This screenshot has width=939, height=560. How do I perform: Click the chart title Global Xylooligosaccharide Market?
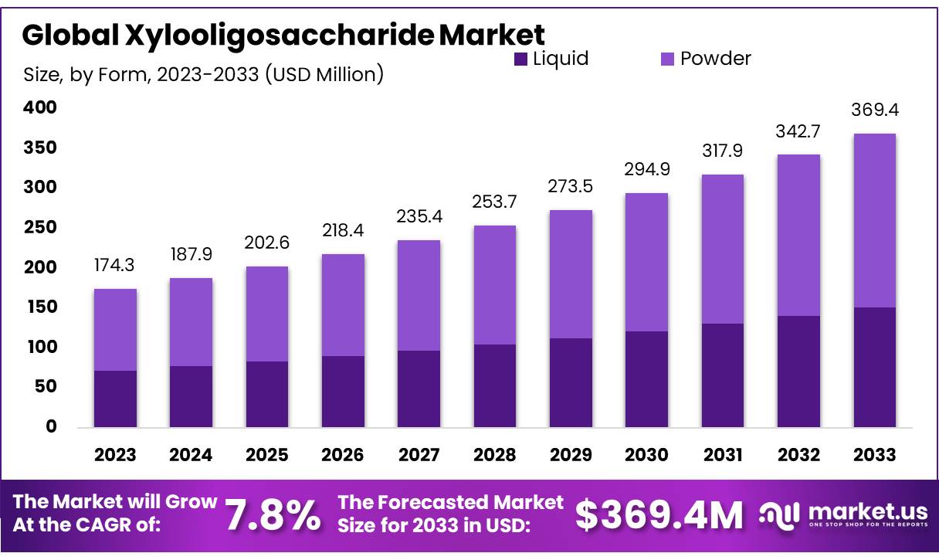(x=283, y=35)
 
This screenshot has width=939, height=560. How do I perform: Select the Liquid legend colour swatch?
(x=521, y=59)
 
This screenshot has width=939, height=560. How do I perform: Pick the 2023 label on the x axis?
(x=115, y=455)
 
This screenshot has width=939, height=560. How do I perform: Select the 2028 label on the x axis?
(x=495, y=455)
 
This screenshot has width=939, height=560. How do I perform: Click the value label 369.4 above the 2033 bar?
(x=874, y=111)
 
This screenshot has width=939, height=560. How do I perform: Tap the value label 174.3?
(x=115, y=265)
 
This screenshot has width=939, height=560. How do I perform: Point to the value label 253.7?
(x=495, y=202)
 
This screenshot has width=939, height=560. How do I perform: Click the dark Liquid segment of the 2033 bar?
(x=874, y=368)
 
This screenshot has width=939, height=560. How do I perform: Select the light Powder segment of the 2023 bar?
(x=115, y=330)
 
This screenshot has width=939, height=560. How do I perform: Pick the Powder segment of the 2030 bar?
(x=646, y=262)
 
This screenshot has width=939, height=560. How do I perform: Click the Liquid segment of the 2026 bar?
(x=343, y=392)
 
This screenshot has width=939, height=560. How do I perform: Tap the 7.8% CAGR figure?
(x=273, y=516)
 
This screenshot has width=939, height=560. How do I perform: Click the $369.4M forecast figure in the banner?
(x=659, y=516)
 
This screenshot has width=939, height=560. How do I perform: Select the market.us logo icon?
(x=778, y=515)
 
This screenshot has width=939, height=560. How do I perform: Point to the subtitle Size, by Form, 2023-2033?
(x=203, y=74)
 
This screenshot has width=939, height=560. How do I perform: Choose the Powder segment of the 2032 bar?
(x=798, y=235)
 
